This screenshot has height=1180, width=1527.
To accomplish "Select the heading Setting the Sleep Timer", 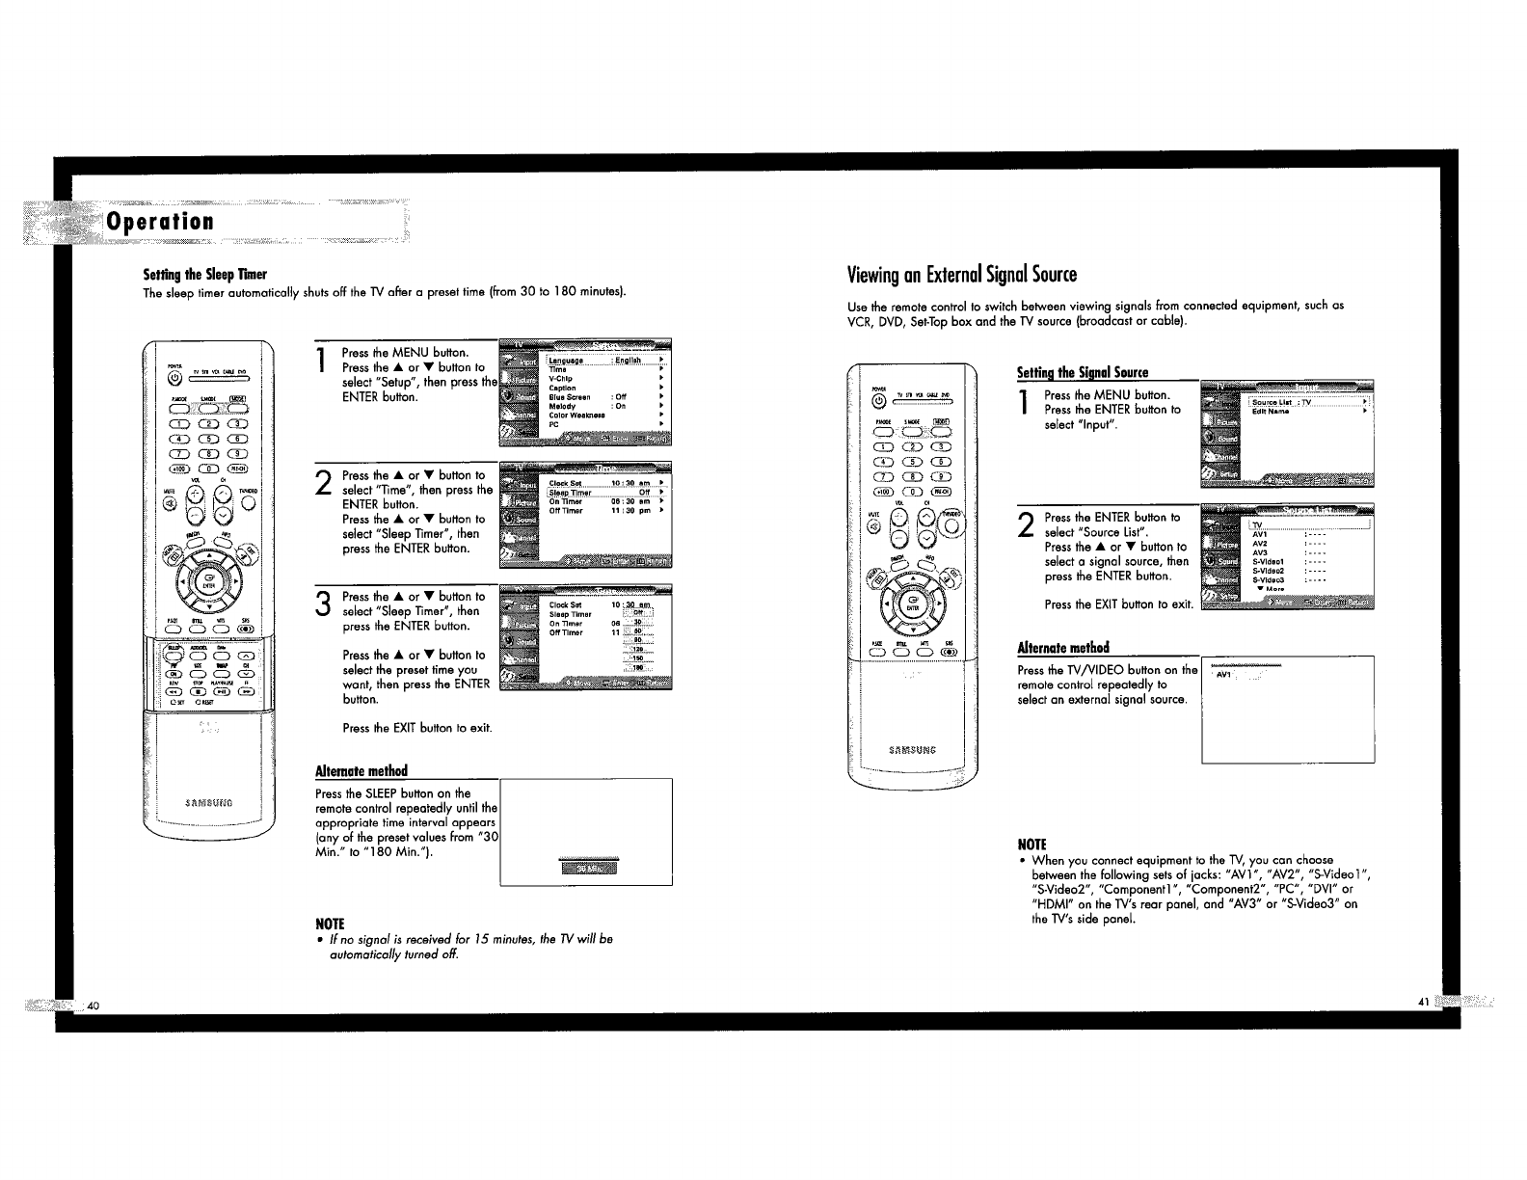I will point(203,275).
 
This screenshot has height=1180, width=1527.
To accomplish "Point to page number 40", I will point(93,1006).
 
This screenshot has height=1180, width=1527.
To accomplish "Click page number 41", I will point(1423,1003).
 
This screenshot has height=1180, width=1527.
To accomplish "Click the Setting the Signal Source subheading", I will point(1083,372).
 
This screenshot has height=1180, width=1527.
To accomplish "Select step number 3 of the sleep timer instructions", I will point(324,604).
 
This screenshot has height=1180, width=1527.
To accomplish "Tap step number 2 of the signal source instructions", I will point(1026,525).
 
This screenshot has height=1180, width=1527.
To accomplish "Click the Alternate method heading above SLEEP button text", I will point(362,770).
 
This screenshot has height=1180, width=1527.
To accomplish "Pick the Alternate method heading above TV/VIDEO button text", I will point(1063,647).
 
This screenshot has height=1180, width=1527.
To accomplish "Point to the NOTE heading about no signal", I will point(330,923).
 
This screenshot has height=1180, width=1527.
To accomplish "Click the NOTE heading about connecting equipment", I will point(1031,844).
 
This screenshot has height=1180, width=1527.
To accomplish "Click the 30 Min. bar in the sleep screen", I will point(588,868).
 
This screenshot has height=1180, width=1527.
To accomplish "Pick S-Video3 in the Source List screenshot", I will point(1269,579).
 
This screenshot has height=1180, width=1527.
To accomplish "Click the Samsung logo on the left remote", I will point(209,802).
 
